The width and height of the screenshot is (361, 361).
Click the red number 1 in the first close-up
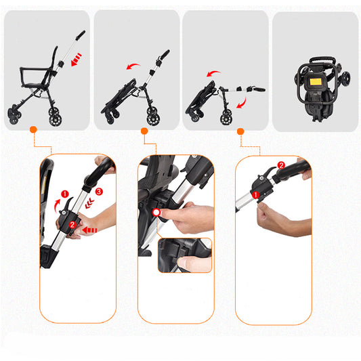65,194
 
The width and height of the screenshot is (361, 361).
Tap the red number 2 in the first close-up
72,225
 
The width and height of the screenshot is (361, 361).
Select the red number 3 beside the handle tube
99,191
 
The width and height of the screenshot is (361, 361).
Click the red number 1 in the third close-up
255,195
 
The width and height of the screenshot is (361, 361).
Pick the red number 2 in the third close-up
281,165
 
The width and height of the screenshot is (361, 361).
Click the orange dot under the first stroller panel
34,129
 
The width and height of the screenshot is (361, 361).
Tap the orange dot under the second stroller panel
144,131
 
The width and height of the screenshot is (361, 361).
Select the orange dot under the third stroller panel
240,131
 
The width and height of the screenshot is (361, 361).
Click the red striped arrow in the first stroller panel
77,60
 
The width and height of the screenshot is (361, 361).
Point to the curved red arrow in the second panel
133,66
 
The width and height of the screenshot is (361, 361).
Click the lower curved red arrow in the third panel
243,103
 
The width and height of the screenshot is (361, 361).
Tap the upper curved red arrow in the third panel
213,72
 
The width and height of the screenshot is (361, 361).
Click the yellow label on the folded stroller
316,81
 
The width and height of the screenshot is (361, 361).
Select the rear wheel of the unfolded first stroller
56,118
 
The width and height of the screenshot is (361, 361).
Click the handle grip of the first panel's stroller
81,35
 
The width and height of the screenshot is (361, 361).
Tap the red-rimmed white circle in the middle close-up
156,212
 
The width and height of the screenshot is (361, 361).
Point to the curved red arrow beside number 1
57,206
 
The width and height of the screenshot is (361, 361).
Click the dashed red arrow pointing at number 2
89,230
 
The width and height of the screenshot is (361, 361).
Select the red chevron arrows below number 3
89,203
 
